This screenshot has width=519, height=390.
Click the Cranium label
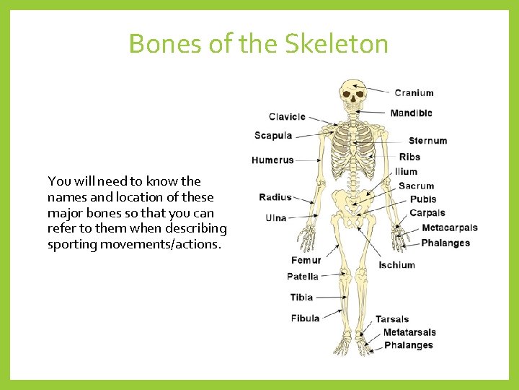coord(414,92)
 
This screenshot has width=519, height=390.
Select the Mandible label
coord(411,113)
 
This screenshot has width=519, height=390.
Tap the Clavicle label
coord(287,117)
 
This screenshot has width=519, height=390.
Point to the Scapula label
coord(273,136)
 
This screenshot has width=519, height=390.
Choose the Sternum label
coord(427,141)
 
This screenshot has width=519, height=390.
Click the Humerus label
coord(272,160)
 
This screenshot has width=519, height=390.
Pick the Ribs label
coord(409,157)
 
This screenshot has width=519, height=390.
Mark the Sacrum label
coord(416,186)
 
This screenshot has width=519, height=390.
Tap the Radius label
coord(275,197)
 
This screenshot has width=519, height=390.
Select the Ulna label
coord(275,217)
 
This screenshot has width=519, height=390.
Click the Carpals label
coord(427,213)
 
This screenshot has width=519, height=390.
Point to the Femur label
coord(306,260)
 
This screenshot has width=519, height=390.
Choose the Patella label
coord(302,277)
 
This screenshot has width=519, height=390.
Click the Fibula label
coord(305,318)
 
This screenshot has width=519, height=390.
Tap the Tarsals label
coord(392,319)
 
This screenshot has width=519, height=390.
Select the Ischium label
coord(396,265)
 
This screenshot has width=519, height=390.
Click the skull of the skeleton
coord(352,93)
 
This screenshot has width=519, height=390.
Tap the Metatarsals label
coord(409,332)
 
